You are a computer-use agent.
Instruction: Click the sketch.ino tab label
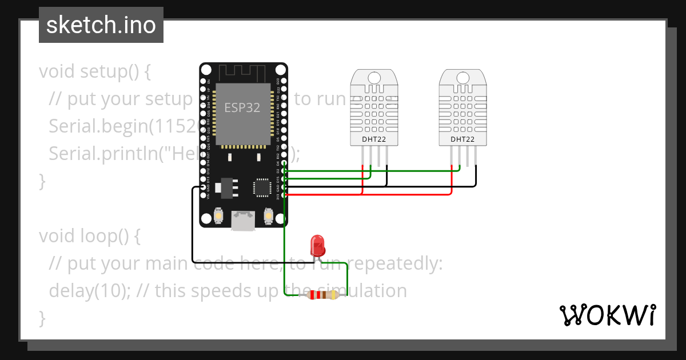point(101,25)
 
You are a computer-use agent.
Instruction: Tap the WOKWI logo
point(607,315)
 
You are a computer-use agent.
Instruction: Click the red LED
point(317,246)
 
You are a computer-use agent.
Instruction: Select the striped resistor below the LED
point(323,295)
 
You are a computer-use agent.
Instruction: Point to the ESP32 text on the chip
point(242,108)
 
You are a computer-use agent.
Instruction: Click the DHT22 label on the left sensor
point(374,139)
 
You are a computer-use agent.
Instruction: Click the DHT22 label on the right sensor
point(462,139)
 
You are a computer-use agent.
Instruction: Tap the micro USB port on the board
point(243,221)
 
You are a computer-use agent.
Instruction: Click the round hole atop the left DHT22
point(374,78)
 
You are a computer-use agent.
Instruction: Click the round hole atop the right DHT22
point(462,78)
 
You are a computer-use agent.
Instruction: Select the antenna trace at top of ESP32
point(243,72)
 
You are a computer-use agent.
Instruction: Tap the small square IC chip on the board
point(262,187)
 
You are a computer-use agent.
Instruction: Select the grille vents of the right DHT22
point(462,111)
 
